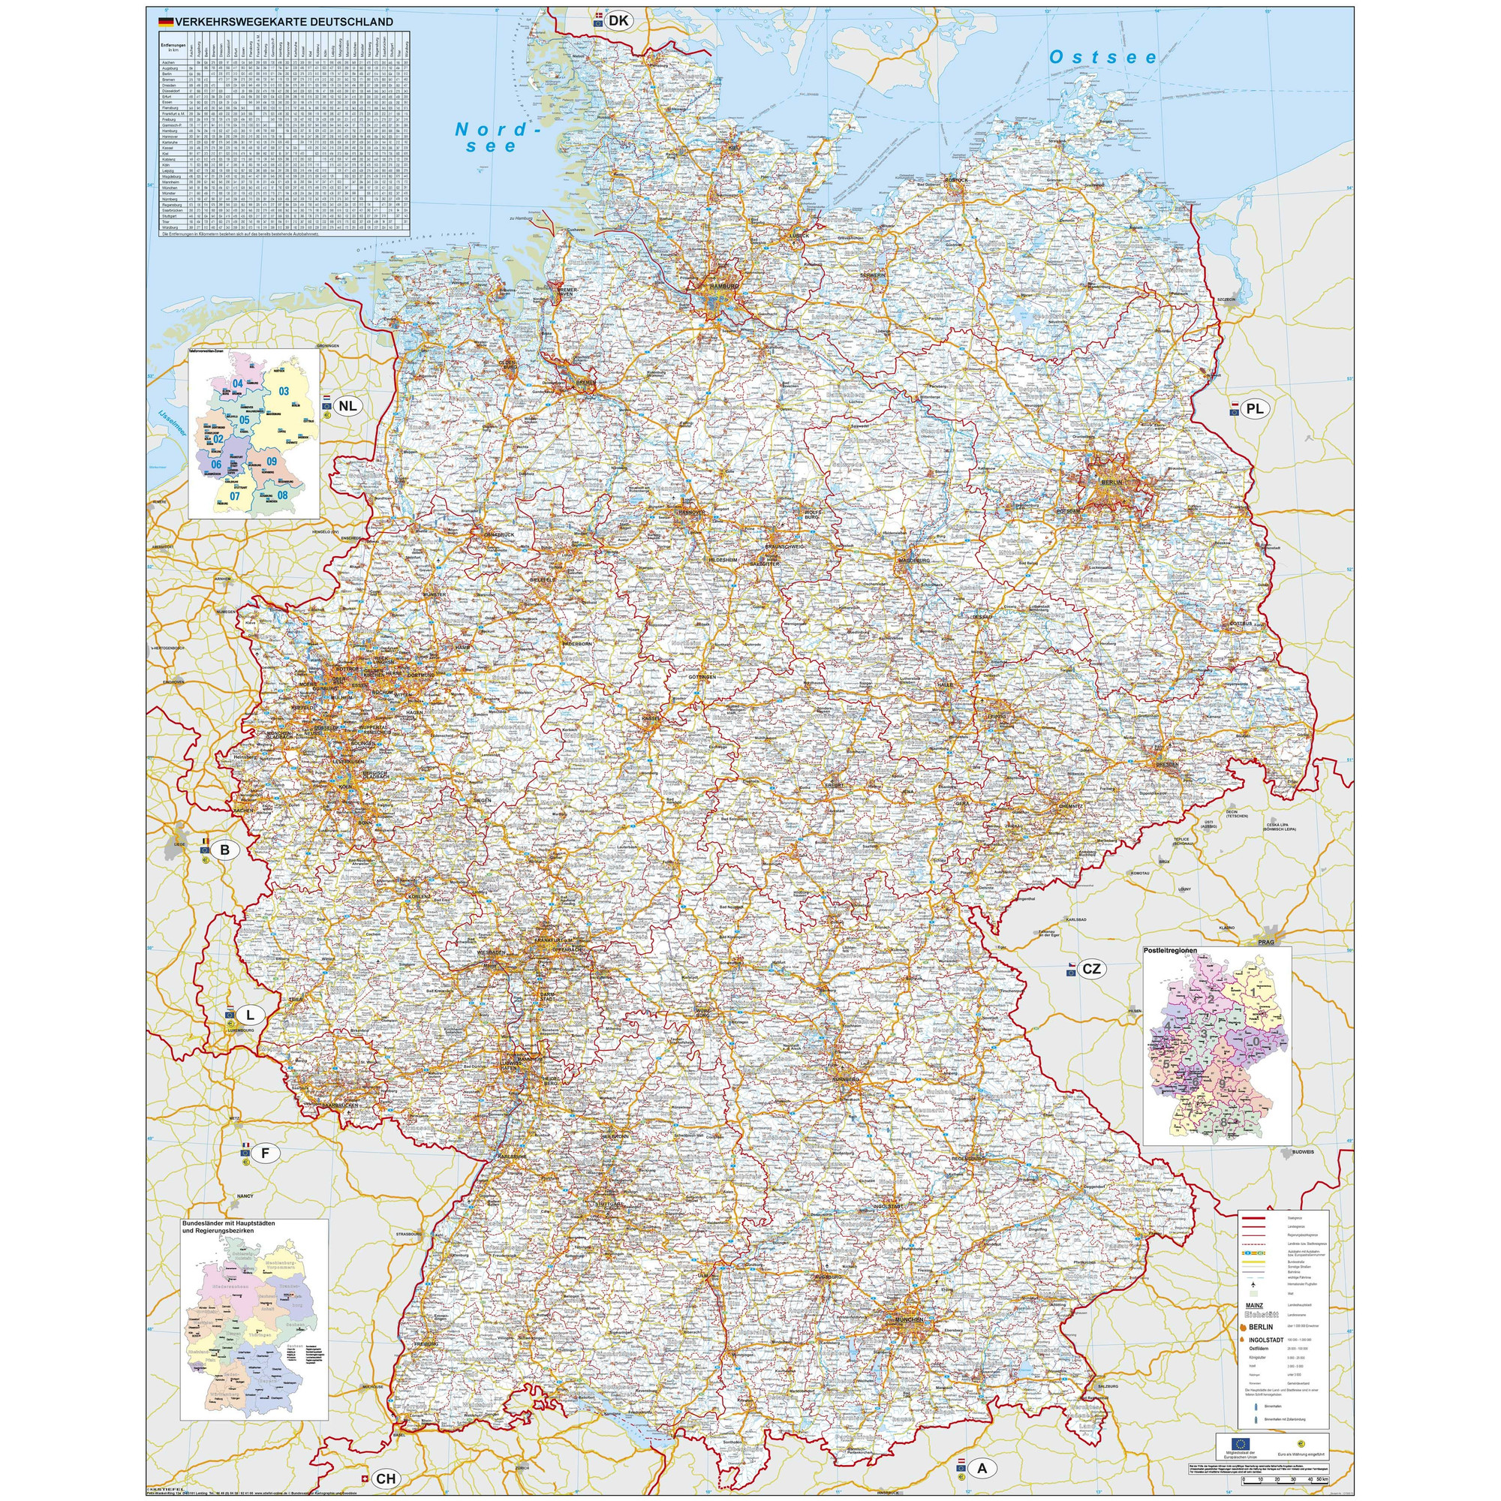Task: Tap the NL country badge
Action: pos(348,405)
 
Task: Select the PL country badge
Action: pos(1255,409)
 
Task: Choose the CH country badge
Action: pos(386,1478)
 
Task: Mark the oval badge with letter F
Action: pos(265,1154)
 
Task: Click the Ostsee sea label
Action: pos(1102,58)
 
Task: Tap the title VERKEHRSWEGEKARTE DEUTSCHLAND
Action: pos(284,23)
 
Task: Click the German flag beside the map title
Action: pos(165,23)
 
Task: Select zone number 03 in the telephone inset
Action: pos(284,392)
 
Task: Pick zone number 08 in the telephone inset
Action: pos(282,495)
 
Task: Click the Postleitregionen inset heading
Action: pos(1170,950)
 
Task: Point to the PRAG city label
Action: pos(1266,942)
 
